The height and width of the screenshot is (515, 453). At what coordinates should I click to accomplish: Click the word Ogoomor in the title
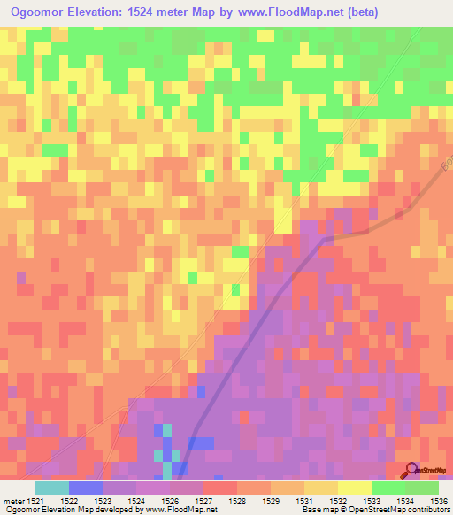click(42, 13)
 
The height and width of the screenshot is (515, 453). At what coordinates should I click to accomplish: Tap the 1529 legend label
click(254, 502)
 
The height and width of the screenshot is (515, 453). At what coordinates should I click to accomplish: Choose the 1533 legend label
click(388, 502)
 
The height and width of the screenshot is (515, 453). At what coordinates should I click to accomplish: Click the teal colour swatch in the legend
click(52, 488)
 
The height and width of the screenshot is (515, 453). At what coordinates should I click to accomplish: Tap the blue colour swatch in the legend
click(86, 488)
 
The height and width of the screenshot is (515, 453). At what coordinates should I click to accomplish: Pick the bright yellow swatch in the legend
click(353, 488)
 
